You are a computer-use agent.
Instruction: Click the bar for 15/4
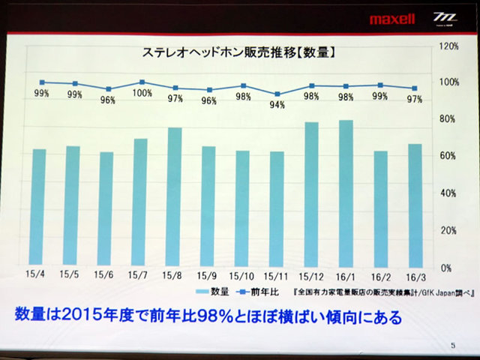[39, 207]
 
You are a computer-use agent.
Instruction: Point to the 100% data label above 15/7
[142, 93]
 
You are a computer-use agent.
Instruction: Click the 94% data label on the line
[277, 105]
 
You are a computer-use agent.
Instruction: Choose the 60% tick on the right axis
[448, 156]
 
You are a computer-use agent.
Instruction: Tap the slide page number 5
[453, 346]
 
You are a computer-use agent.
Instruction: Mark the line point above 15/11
[277, 94]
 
